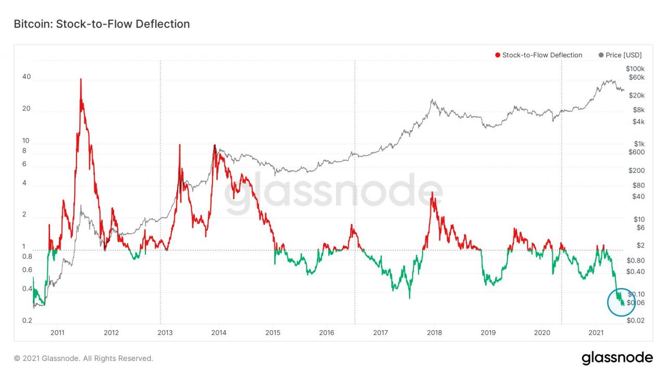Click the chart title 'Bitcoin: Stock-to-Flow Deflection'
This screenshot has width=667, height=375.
point(102,24)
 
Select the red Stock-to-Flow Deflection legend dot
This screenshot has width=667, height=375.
point(498,55)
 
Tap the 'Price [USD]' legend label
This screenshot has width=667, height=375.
point(624,55)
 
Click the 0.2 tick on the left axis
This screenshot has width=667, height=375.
point(28,321)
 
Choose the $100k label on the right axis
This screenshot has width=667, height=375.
point(635,69)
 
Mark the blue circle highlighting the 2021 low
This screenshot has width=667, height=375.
point(622,302)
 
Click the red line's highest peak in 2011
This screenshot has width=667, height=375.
point(81,79)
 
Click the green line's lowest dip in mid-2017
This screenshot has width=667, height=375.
point(409,298)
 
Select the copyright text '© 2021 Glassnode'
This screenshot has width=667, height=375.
point(83,358)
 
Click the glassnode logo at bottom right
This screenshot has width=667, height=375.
point(617,358)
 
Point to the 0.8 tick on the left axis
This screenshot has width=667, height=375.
point(27,257)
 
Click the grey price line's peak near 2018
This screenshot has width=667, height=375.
point(432,99)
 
